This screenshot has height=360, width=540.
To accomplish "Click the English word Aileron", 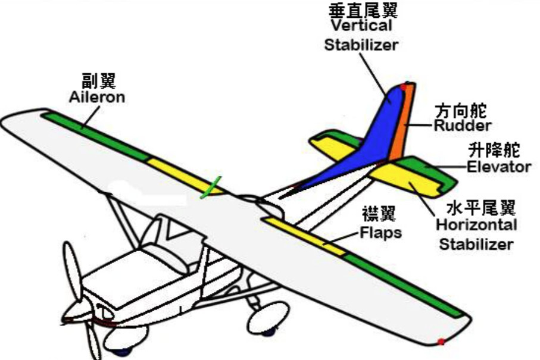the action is tap(97, 97).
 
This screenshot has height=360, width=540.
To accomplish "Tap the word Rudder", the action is tap(463, 126).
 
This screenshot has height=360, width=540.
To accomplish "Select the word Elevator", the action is tap(499, 167).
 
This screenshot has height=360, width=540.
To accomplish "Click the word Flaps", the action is tap(380, 233).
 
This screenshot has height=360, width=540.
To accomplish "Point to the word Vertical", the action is tap(361, 26).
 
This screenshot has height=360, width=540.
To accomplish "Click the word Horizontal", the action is tap(477, 225).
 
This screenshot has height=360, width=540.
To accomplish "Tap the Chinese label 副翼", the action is tap(99, 80).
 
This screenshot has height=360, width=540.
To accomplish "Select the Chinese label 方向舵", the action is tap(461, 111).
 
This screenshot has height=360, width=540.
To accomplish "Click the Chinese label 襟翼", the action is tap(379, 214).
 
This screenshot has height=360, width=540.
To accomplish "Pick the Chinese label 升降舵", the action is tap(494, 150).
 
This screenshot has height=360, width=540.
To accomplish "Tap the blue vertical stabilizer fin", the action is tap(372, 145).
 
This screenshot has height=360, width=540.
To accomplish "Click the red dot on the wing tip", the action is tap(441, 342).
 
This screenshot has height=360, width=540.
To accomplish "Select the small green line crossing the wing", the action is tap(211, 187).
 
